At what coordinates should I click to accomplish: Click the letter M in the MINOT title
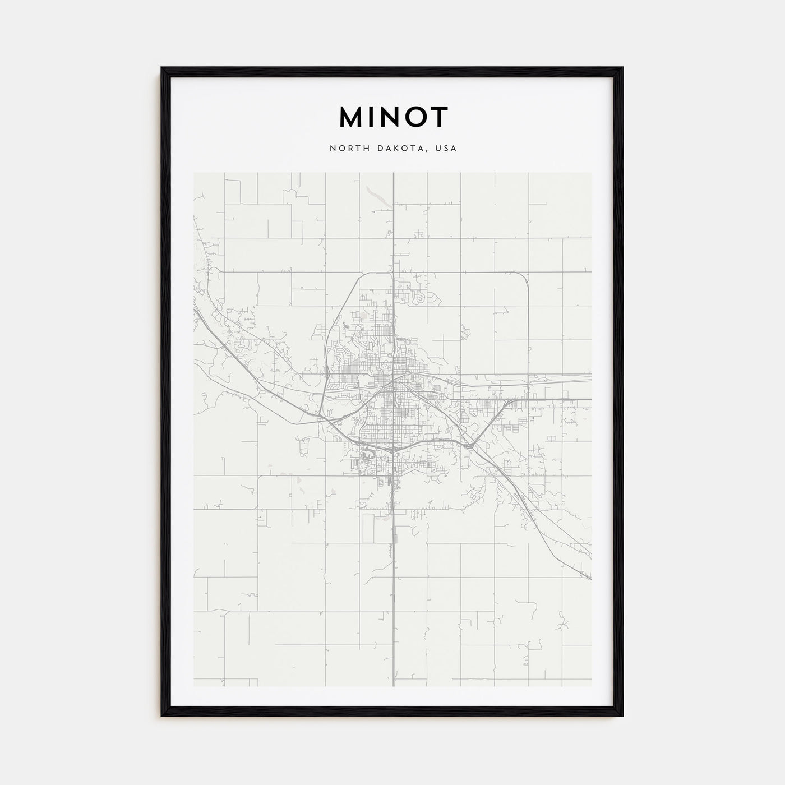click(351, 117)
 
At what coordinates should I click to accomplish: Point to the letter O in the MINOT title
click(418, 117)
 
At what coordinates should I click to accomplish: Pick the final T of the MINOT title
click(441, 117)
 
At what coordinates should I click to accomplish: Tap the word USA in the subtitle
click(446, 149)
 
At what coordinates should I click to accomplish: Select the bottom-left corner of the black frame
click(163, 716)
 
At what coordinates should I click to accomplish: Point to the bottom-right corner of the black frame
click(622, 716)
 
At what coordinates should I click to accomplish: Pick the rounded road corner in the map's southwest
click(260, 478)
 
